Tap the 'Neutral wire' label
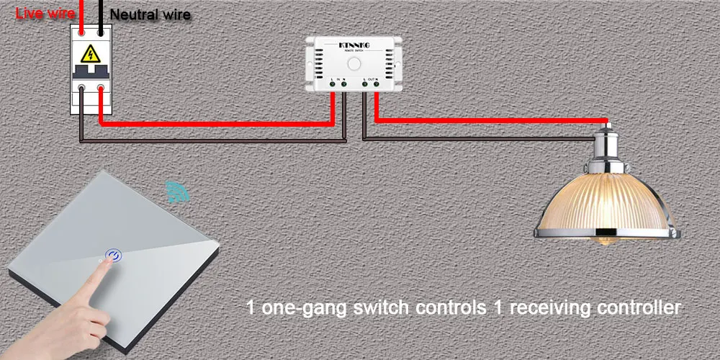(x=150, y=14)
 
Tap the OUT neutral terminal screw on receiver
(x=375, y=85)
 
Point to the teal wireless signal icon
(x=174, y=192)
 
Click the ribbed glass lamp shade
(x=606, y=202)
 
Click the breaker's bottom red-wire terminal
(x=102, y=89)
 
